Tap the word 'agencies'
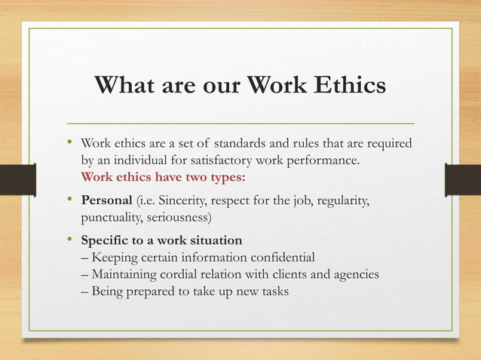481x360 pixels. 354,275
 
